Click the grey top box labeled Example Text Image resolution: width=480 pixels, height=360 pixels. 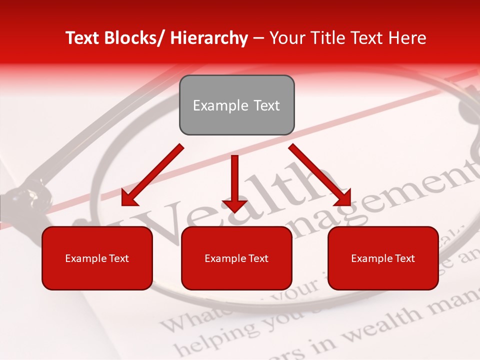236,105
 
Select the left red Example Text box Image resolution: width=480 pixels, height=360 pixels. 97,258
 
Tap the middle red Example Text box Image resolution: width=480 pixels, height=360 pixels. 236,258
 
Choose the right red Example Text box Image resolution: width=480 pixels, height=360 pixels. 383,258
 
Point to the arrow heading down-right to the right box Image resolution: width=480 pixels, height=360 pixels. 320,175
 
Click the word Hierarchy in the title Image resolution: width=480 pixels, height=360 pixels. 208,38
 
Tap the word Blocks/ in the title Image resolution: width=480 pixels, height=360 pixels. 134,38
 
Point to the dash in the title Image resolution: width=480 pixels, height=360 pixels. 258,38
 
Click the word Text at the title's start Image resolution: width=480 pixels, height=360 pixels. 82,38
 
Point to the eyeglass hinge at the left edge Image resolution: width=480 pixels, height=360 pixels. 22,197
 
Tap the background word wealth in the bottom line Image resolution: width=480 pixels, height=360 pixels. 380,320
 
